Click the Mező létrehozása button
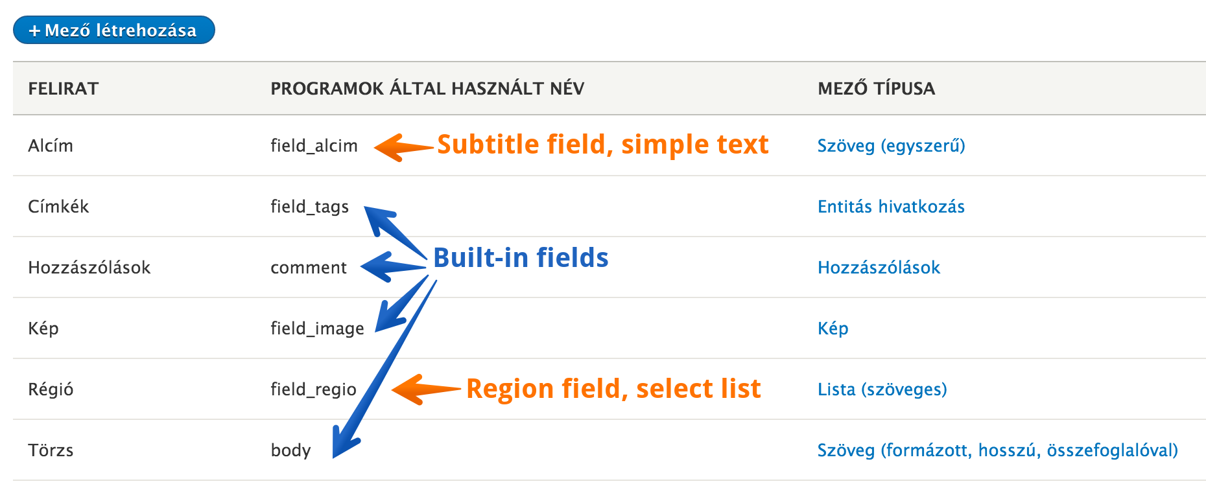click(114, 30)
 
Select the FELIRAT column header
click(64, 89)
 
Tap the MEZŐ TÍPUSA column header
click(876, 89)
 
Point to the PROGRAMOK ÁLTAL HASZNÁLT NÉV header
click(427, 89)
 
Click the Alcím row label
click(51, 145)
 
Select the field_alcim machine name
click(314, 146)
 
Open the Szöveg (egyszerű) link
click(891, 146)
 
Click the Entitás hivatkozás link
click(891, 207)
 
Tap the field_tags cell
click(309, 207)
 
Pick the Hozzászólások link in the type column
click(879, 268)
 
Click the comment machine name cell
click(309, 268)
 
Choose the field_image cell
click(317, 329)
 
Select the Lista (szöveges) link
click(882, 389)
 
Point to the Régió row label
click(51, 389)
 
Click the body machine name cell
click(290, 450)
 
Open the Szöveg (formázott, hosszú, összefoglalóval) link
click(997, 450)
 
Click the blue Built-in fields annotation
click(521, 258)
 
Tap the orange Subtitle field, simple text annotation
click(603, 145)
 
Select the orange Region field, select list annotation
click(613, 389)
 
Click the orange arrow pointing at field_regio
click(426, 389)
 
